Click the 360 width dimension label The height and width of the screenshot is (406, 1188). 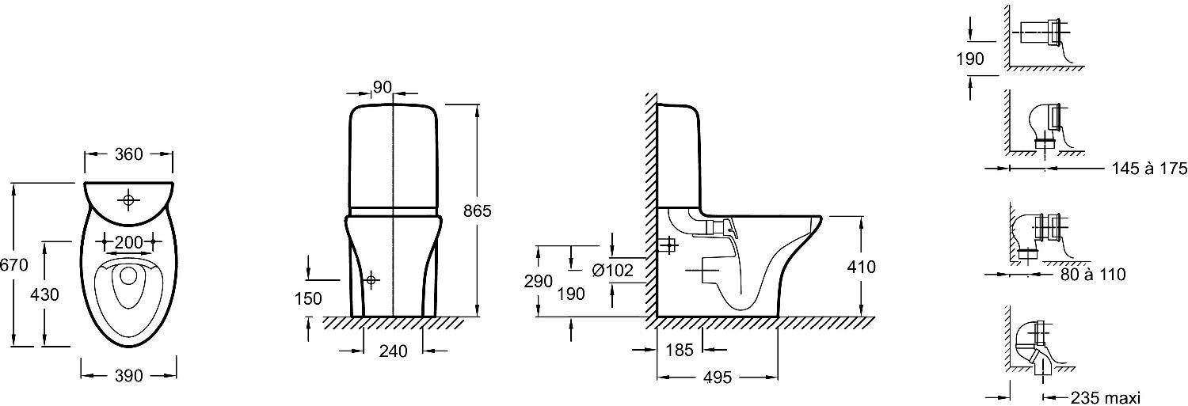[128, 154]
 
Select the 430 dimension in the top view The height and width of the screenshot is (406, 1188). [44, 294]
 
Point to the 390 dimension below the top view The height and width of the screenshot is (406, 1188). [129, 377]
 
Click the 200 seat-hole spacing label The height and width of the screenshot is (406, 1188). [128, 241]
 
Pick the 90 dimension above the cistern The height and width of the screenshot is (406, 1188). [383, 88]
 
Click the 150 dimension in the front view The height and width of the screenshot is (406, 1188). [308, 298]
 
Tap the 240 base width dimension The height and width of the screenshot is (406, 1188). [394, 351]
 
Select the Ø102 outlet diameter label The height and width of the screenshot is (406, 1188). [612, 270]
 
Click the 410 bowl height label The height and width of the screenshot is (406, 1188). [860, 268]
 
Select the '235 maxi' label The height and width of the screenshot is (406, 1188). [1105, 397]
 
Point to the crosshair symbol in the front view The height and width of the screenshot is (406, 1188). [371, 280]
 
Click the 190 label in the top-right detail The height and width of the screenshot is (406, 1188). [970, 59]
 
